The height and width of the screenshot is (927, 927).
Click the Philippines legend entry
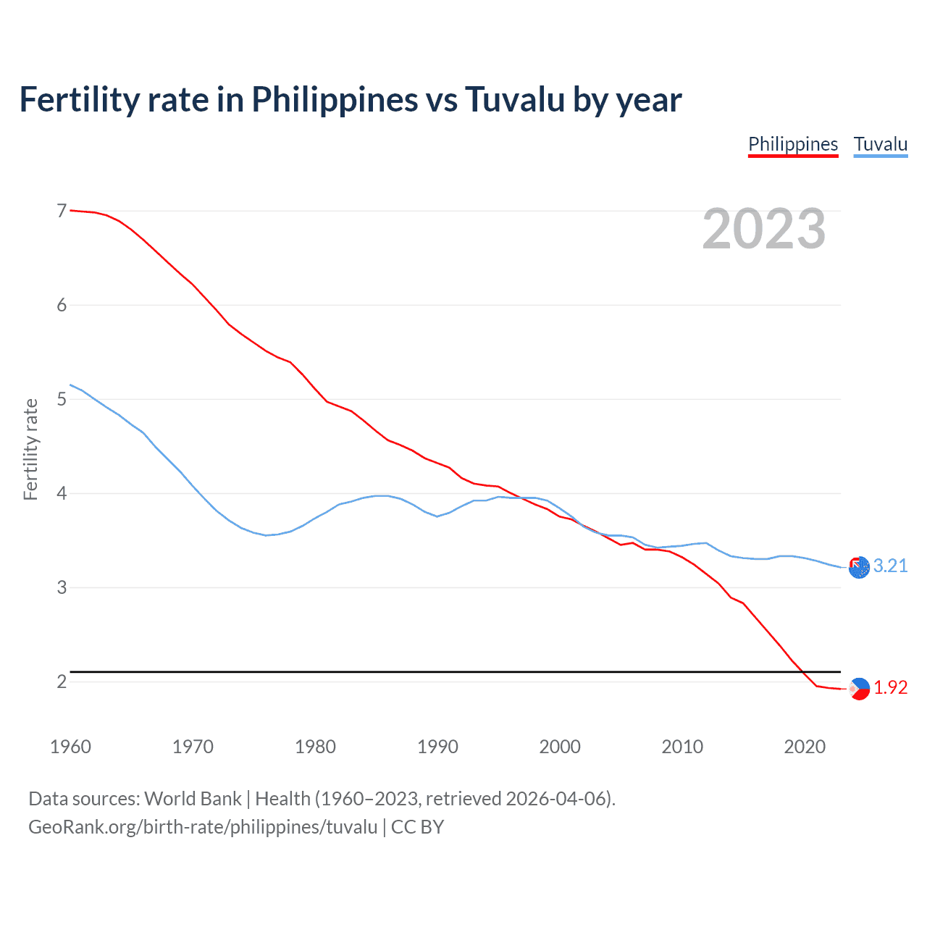click(x=793, y=144)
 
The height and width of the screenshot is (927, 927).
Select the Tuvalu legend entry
click(x=880, y=144)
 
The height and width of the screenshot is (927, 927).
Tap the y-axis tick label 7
click(x=62, y=211)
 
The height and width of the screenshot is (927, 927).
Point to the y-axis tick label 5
click(x=62, y=399)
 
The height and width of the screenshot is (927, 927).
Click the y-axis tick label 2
click(x=62, y=681)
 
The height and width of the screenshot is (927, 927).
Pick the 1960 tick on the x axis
click(x=70, y=747)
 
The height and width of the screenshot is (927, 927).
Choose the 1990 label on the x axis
click(x=437, y=747)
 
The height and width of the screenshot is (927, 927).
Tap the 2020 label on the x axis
click(x=805, y=747)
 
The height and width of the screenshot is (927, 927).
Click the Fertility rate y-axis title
click(x=30, y=449)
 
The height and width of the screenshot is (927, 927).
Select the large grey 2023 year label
click(x=763, y=229)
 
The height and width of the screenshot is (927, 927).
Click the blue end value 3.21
click(x=890, y=566)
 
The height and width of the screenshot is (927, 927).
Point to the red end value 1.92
click(x=890, y=687)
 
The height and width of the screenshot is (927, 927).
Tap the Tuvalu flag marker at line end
click(x=859, y=568)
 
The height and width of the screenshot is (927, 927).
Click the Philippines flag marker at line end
click(x=859, y=689)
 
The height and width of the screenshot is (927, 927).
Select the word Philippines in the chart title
click(x=335, y=99)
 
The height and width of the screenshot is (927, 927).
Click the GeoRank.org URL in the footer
click(x=203, y=827)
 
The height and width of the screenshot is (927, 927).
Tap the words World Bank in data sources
click(x=193, y=799)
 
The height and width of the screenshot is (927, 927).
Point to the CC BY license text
click(x=417, y=827)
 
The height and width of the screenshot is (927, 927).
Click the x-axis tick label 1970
click(x=193, y=747)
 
